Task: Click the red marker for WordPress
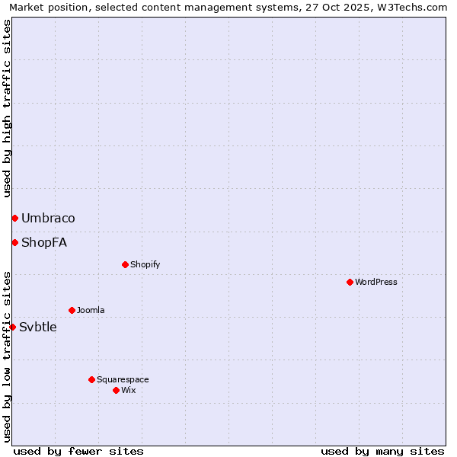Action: tap(350, 282)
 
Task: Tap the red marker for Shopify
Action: tap(125, 264)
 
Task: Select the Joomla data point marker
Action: tap(72, 310)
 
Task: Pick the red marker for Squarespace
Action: tap(91, 379)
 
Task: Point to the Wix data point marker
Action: tap(116, 390)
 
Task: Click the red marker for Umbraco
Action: tap(14, 218)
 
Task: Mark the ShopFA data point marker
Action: tap(14, 242)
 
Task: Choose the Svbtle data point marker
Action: tap(12, 327)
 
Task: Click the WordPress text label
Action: tap(376, 283)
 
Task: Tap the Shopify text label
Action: tap(145, 265)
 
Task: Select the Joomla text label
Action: tap(91, 311)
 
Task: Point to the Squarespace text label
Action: tap(123, 380)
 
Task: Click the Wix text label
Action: tap(129, 391)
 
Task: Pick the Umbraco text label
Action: tap(48, 219)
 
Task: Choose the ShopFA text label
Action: tap(44, 243)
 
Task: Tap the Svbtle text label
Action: tap(38, 328)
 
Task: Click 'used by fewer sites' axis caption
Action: tap(78, 451)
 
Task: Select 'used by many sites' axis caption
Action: tap(382, 451)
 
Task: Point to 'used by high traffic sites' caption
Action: tap(7, 108)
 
